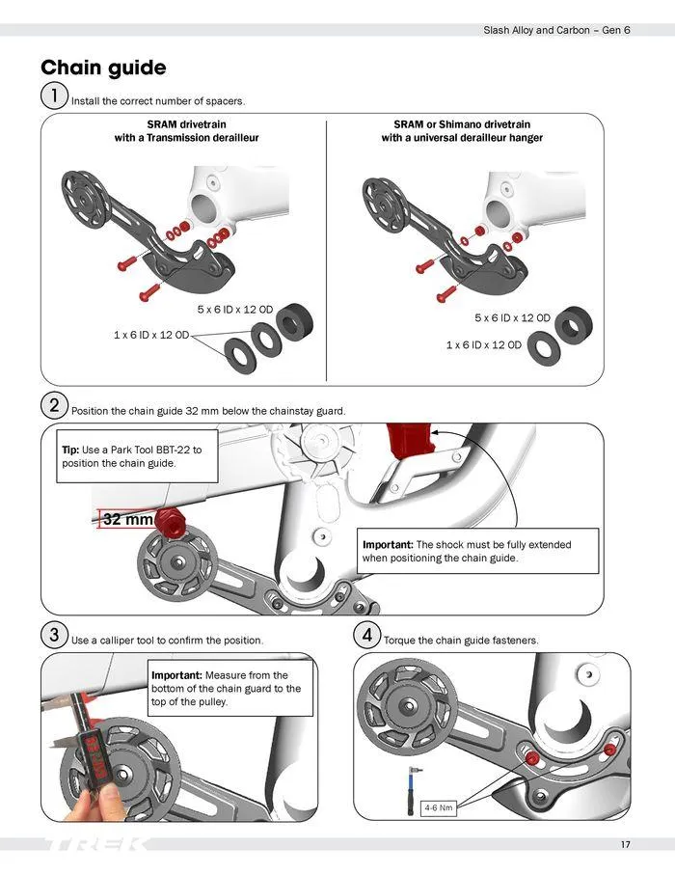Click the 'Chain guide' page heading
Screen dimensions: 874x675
tap(103, 68)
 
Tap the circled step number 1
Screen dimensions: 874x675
tap(54, 96)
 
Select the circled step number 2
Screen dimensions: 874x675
tap(54, 406)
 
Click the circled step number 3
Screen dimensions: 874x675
tap(54, 636)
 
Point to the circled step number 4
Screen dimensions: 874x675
tap(367, 636)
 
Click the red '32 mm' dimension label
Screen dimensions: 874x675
tap(127, 520)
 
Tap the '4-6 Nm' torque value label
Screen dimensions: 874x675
tap(438, 807)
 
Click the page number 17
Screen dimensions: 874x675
tap(625, 845)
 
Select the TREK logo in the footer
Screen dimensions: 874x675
tap(96, 845)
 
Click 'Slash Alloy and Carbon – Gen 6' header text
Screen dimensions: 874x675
tap(555, 30)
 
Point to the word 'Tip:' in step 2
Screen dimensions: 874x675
tap(70, 451)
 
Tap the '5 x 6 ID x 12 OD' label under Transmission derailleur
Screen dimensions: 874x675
tap(234, 310)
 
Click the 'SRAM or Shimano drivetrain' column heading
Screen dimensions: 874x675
tap(461, 124)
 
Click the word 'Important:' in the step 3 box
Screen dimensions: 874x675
tap(177, 675)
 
